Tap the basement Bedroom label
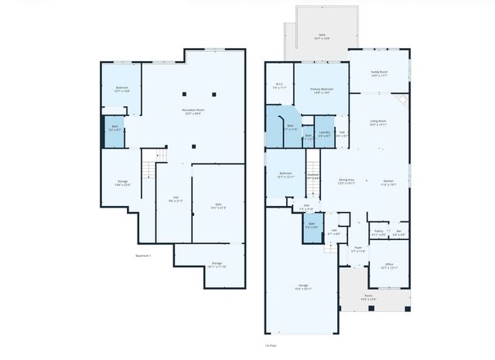click(x=121, y=89)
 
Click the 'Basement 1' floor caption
click(x=144, y=255)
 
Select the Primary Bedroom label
click(x=321, y=91)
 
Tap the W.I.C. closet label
click(x=279, y=86)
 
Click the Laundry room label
click(x=324, y=134)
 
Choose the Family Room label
click(x=379, y=73)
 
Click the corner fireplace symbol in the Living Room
click(x=401, y=100)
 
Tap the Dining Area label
click(x=345, y=182)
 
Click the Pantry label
click(x=378, y=231)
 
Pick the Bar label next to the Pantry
click(x=398, y=231)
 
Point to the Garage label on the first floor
click(x=302, y=286)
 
